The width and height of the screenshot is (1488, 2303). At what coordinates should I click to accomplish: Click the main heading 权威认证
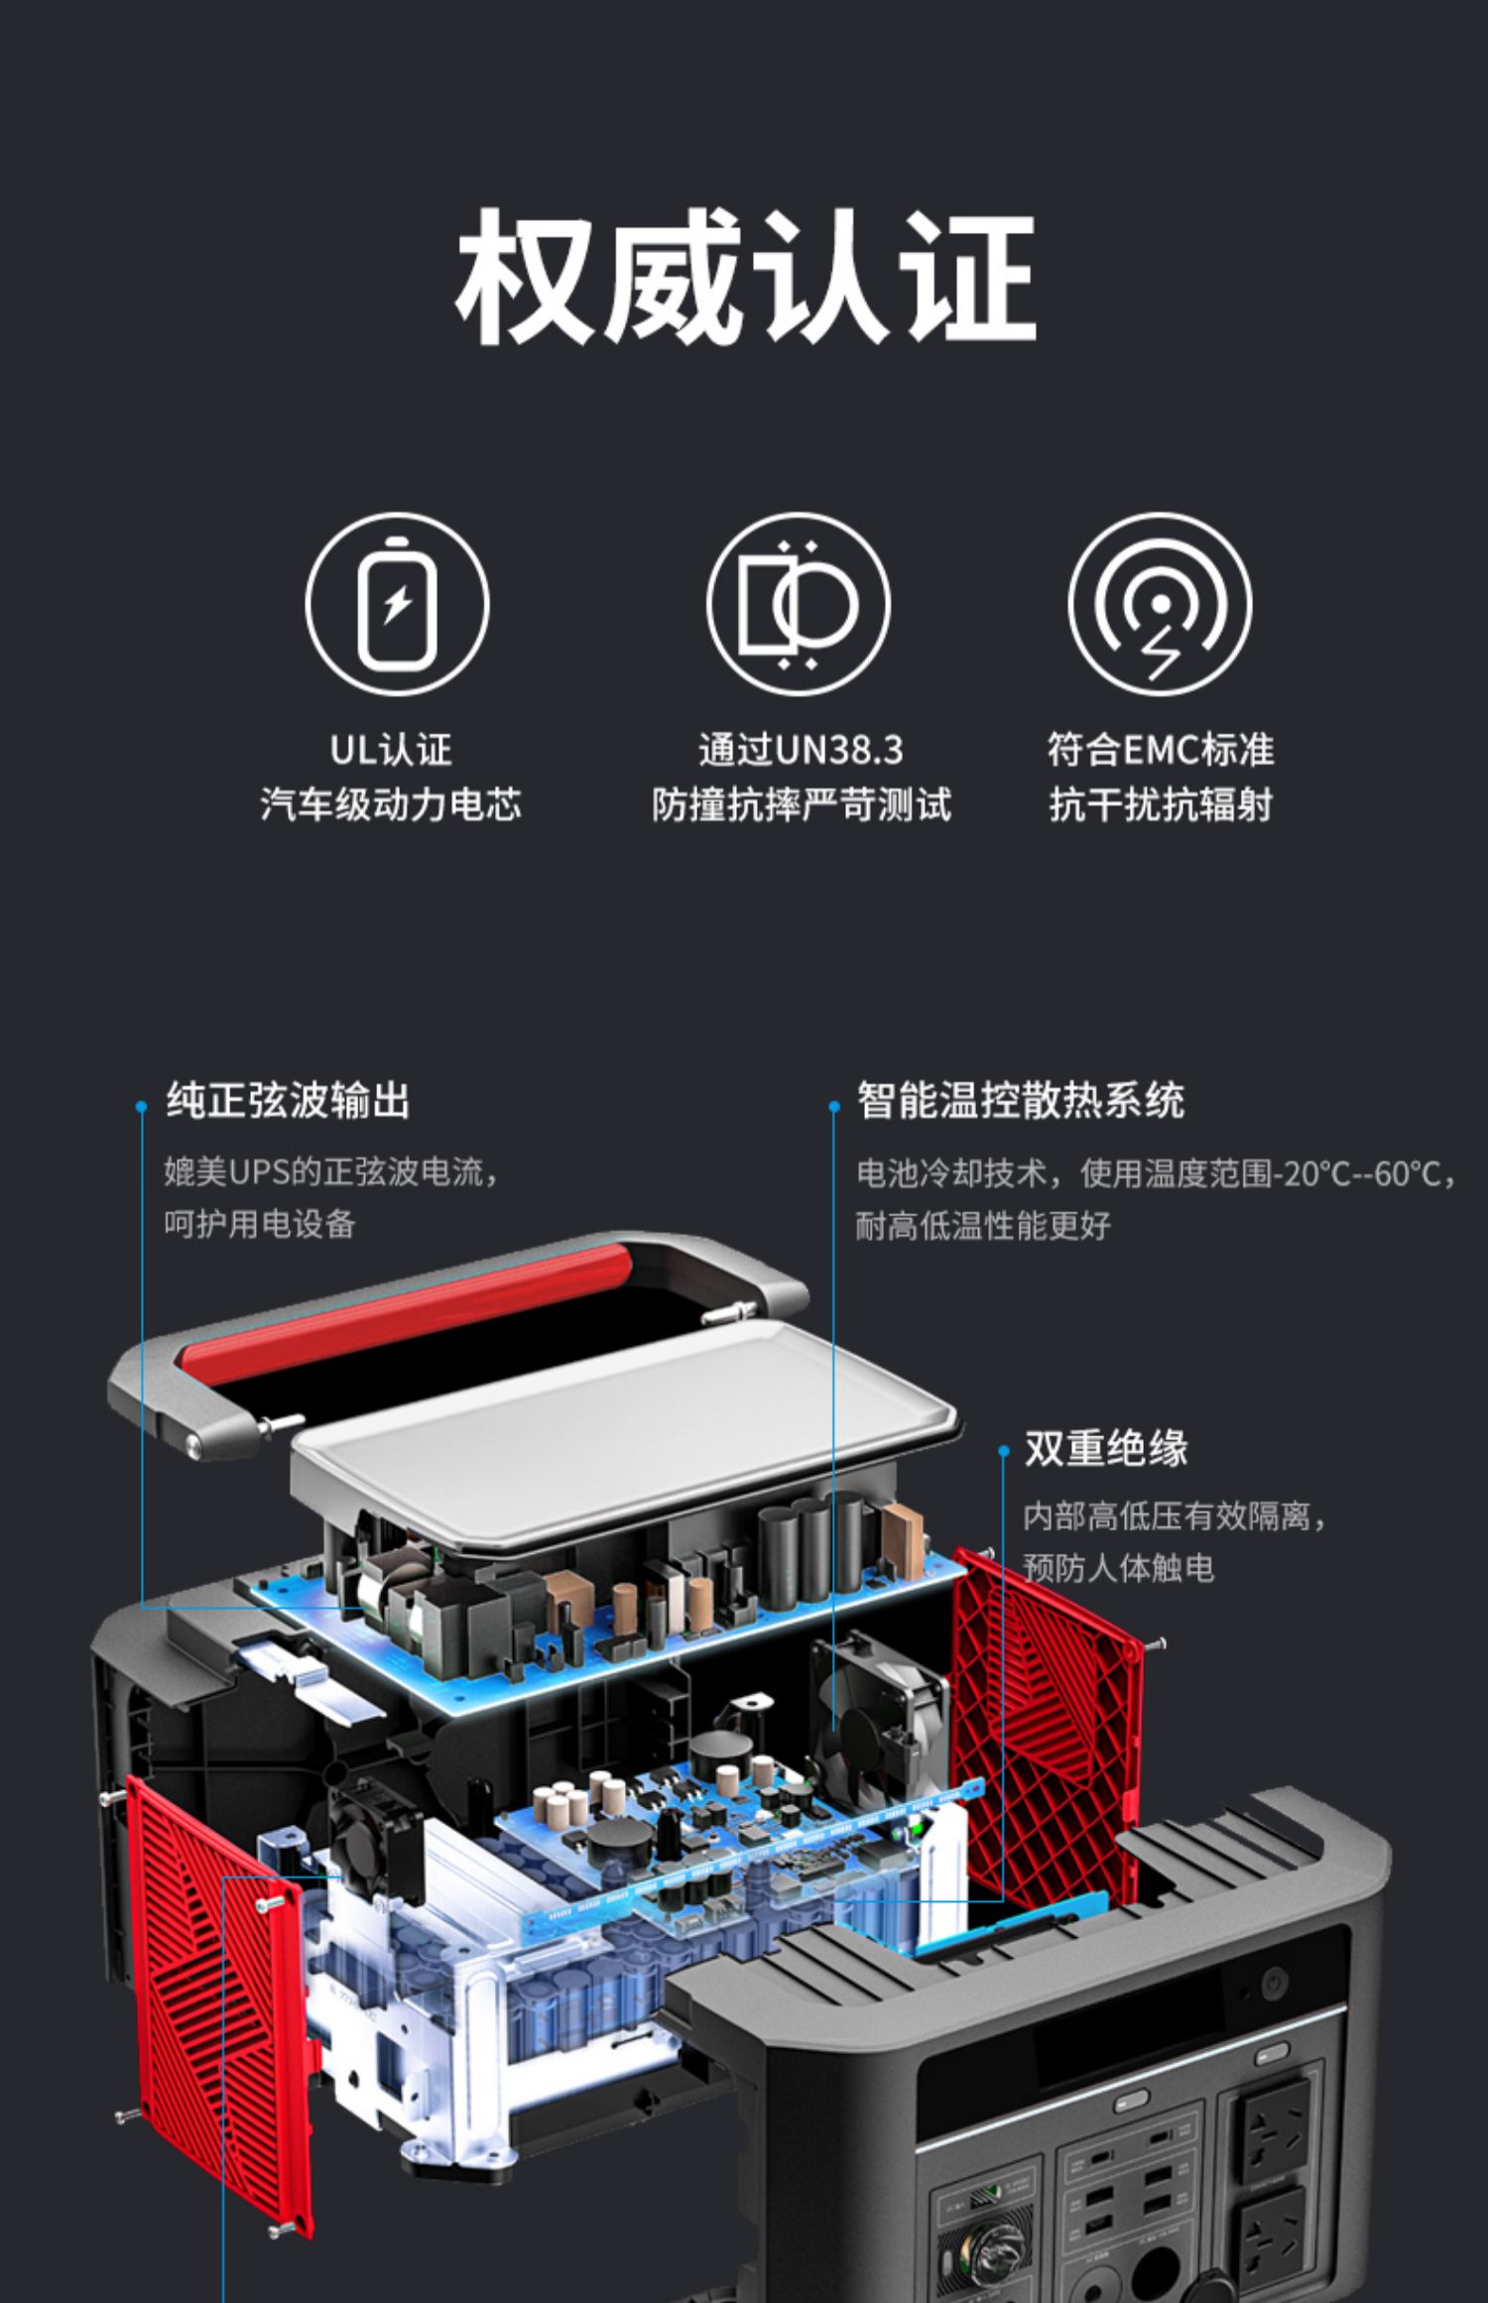point(745,277)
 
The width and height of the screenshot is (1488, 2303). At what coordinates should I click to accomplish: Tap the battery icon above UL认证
point(397,603)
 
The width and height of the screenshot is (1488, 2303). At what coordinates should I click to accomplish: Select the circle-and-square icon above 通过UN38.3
point(798,603)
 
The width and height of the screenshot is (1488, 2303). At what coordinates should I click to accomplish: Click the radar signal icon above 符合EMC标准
point(1160,603)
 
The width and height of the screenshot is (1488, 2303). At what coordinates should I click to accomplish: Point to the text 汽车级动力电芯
point(390,804)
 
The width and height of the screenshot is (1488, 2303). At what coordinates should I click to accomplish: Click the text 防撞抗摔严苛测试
point(801,804)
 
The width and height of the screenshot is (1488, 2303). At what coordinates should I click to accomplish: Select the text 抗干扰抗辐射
point(1160,804)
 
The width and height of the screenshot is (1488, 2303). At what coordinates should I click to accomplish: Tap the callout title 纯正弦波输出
point(288,1101)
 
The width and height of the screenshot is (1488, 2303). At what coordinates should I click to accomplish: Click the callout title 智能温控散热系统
point(1020,1101)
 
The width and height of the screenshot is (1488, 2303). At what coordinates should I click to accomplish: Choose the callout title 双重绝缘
point(1105,1449)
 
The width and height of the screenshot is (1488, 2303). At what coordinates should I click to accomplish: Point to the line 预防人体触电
point(1118,1568)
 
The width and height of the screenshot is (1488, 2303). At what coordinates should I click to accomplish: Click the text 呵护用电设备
point(260,1224)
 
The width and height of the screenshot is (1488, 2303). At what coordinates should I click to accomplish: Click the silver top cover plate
point(625,1418)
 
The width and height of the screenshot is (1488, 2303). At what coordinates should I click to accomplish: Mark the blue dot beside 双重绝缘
point(1003,1451)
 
